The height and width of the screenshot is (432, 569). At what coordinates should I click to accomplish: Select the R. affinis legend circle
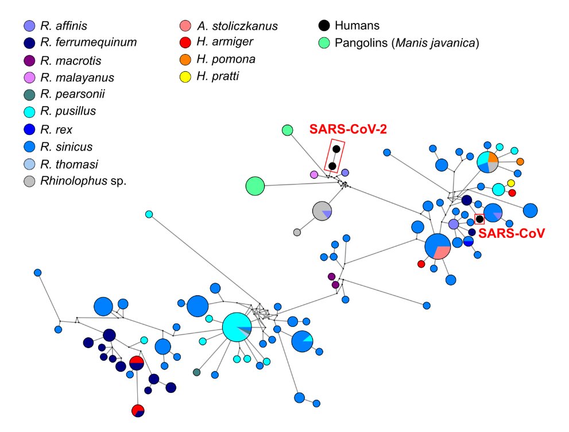29,25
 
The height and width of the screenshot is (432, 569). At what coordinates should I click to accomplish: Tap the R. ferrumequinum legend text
88,42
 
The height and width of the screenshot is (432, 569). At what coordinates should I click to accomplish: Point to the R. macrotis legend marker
29,60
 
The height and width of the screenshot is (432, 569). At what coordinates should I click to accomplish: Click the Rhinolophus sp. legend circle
29,180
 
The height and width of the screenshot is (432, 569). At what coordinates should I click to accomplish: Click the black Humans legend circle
324,25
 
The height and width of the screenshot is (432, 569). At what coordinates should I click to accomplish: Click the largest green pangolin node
255,186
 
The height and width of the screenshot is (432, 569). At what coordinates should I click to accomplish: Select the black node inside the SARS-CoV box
479,219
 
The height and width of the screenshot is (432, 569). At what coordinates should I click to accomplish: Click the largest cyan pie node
237,327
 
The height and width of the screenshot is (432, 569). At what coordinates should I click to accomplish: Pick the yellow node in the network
510,183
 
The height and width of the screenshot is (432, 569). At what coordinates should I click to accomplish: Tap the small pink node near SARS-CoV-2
313,174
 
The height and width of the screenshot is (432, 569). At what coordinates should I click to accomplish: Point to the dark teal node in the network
197,372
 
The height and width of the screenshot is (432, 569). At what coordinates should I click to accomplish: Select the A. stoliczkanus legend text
237,26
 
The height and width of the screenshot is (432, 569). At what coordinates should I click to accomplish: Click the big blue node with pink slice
438,247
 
